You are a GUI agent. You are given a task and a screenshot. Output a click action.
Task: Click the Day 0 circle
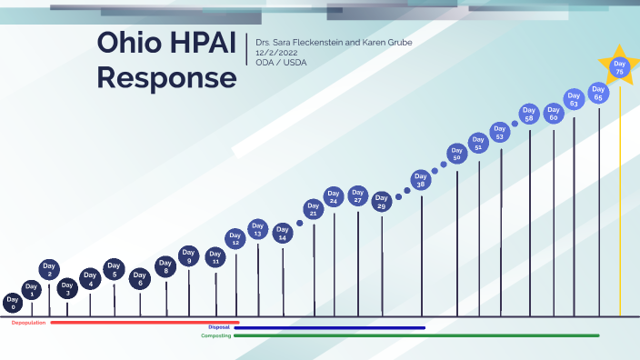click(13, 303)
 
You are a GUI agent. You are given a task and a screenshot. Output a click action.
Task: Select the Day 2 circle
click(49, 270)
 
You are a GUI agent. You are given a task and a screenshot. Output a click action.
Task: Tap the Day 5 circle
click(114, 270)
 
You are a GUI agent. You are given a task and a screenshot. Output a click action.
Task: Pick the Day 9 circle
click(189, 257)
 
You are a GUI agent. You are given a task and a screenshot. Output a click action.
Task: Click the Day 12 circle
click(235, 239)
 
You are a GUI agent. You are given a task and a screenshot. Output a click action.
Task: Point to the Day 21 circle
click(314, 210)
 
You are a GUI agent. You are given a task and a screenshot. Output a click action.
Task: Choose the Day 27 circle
click(357, 195)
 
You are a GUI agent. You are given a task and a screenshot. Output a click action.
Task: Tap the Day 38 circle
click(420, 180)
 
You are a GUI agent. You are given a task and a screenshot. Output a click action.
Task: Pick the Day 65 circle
click(597, 92)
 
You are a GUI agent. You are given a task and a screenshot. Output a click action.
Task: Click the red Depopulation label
click(28, 323)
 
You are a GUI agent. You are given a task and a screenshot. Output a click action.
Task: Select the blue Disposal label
click(219, 327)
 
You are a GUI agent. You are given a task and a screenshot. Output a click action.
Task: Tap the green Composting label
click(215, 335)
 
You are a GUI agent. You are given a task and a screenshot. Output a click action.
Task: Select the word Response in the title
click(166, 77)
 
